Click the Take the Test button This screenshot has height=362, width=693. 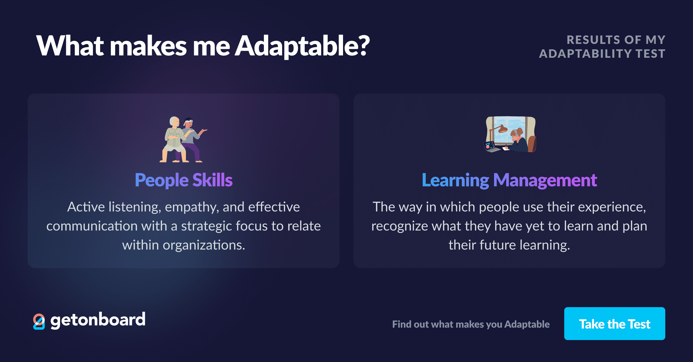coord(614,324)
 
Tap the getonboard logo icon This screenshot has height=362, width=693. coord(39,321)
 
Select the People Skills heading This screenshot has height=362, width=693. coord(184,180)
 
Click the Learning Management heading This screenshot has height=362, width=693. coord(509,180)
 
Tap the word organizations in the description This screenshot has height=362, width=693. coord(204,245)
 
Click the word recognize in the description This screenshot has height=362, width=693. coord(398,226)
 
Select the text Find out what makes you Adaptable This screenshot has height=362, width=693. coord(471,324)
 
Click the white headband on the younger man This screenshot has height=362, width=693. coord(189,121)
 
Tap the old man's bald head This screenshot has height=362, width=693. coord(174,120)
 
